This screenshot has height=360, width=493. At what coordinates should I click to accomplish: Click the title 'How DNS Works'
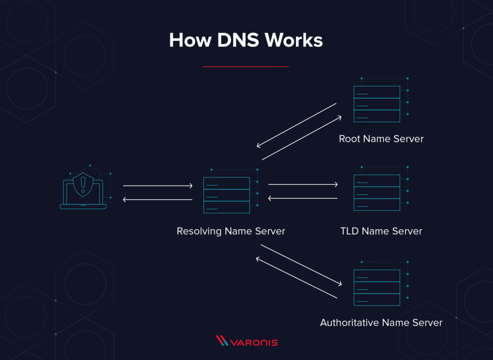coord(246,40)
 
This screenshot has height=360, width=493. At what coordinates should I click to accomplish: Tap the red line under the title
coord(246,66)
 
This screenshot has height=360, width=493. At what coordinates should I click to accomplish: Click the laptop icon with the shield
coord(83,191)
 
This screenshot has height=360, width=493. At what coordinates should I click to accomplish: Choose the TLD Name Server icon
coord(377,192)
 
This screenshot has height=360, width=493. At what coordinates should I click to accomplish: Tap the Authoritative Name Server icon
coord(377,287)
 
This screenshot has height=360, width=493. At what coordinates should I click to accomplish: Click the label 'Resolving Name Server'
coord(231,231)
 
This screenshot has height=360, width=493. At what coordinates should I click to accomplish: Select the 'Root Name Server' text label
coord(381,139)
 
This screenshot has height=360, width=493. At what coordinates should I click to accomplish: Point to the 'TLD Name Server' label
coord(381,231)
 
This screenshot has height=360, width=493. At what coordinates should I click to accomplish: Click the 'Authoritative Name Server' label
coord(381,322)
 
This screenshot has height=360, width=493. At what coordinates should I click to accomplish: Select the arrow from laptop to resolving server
coord(157,185)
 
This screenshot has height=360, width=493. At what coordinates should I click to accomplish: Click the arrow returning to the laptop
coord(157,199)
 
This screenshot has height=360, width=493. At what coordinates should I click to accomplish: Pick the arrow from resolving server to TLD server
coord(303,184)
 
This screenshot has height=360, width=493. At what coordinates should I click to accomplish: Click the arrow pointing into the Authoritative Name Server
coord(302,265)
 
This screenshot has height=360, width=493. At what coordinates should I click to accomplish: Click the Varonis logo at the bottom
coord(246,342)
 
